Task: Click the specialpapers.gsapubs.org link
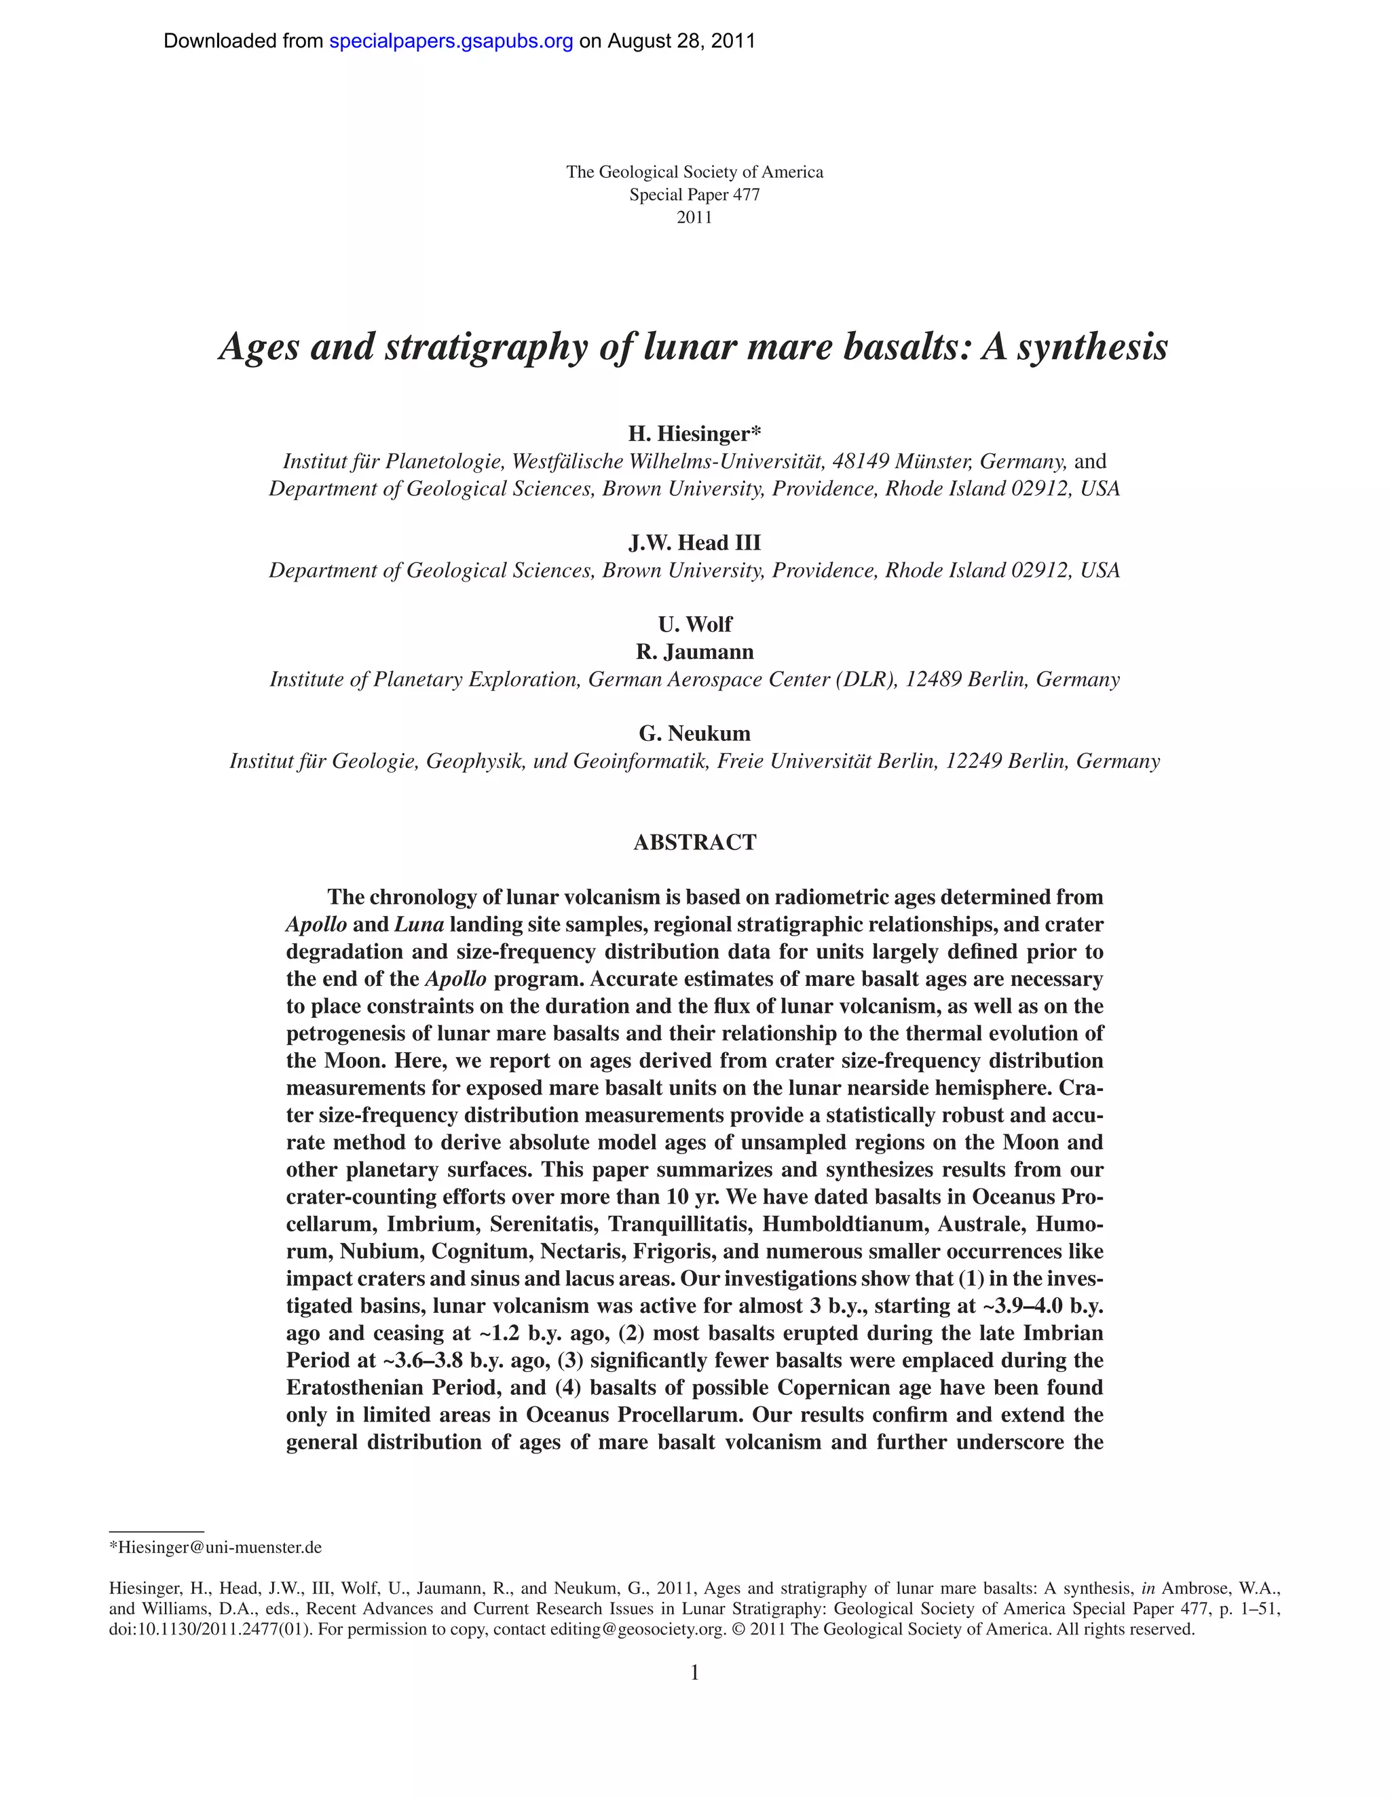[451, 41]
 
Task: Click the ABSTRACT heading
[694, 842]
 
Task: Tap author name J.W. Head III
[694, 543]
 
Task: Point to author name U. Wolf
[694, 624]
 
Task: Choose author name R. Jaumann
[694, 651]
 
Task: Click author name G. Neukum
[694, 733]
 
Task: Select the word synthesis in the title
[1092, 346]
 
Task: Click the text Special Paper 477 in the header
[694, 195]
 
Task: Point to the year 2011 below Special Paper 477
[694, 217]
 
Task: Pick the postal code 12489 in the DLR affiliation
[933, 679]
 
